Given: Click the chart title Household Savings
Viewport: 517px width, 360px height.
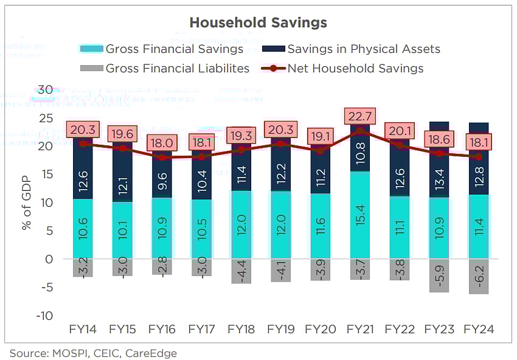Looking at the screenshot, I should tap(258, 22).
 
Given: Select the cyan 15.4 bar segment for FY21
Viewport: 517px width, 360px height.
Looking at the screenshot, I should tap(359, 215).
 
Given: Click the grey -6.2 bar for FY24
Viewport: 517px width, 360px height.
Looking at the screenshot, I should tap(478, 276).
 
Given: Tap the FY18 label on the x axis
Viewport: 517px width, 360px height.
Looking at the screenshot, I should tap(240, 329).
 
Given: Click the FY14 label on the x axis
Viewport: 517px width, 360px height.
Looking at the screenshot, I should tap(83, 329).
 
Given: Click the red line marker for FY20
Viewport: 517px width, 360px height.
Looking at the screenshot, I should tap(320, 151).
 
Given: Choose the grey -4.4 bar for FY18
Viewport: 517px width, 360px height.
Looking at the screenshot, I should tap(241, 271).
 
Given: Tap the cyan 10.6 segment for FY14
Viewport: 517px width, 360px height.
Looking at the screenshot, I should tap(83, 229).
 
